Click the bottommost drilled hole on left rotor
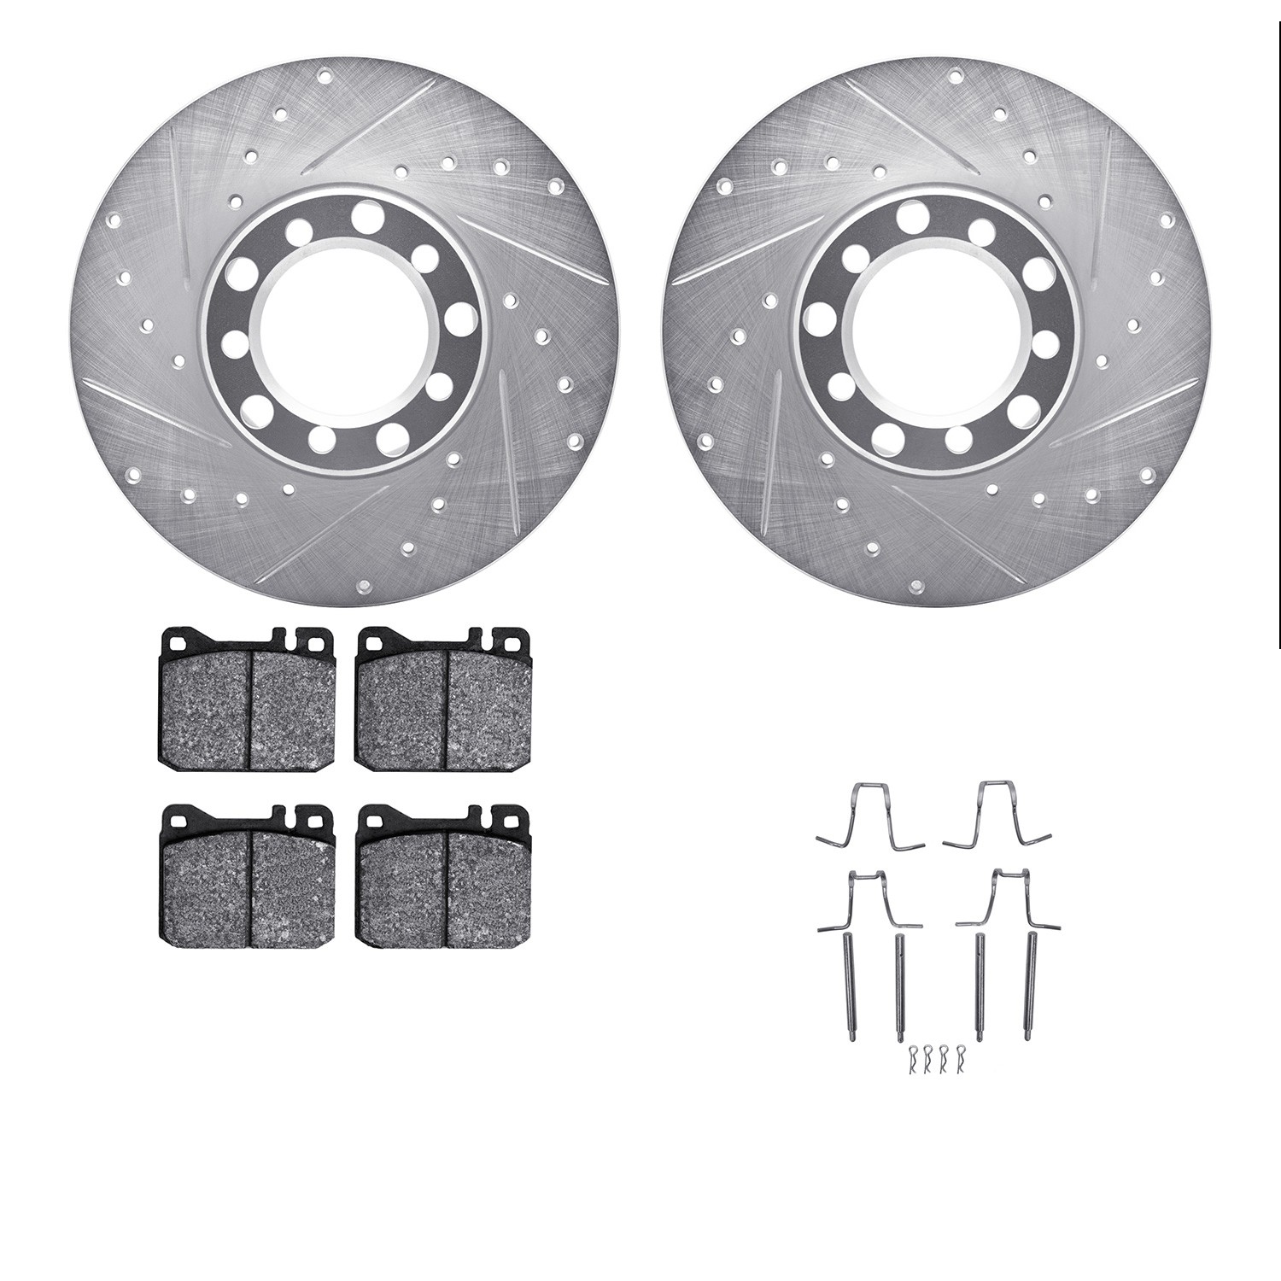click(x=363, y=586)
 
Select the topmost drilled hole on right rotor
click(x=954, y=78)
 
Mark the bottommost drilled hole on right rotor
click(x=916, y=586)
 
